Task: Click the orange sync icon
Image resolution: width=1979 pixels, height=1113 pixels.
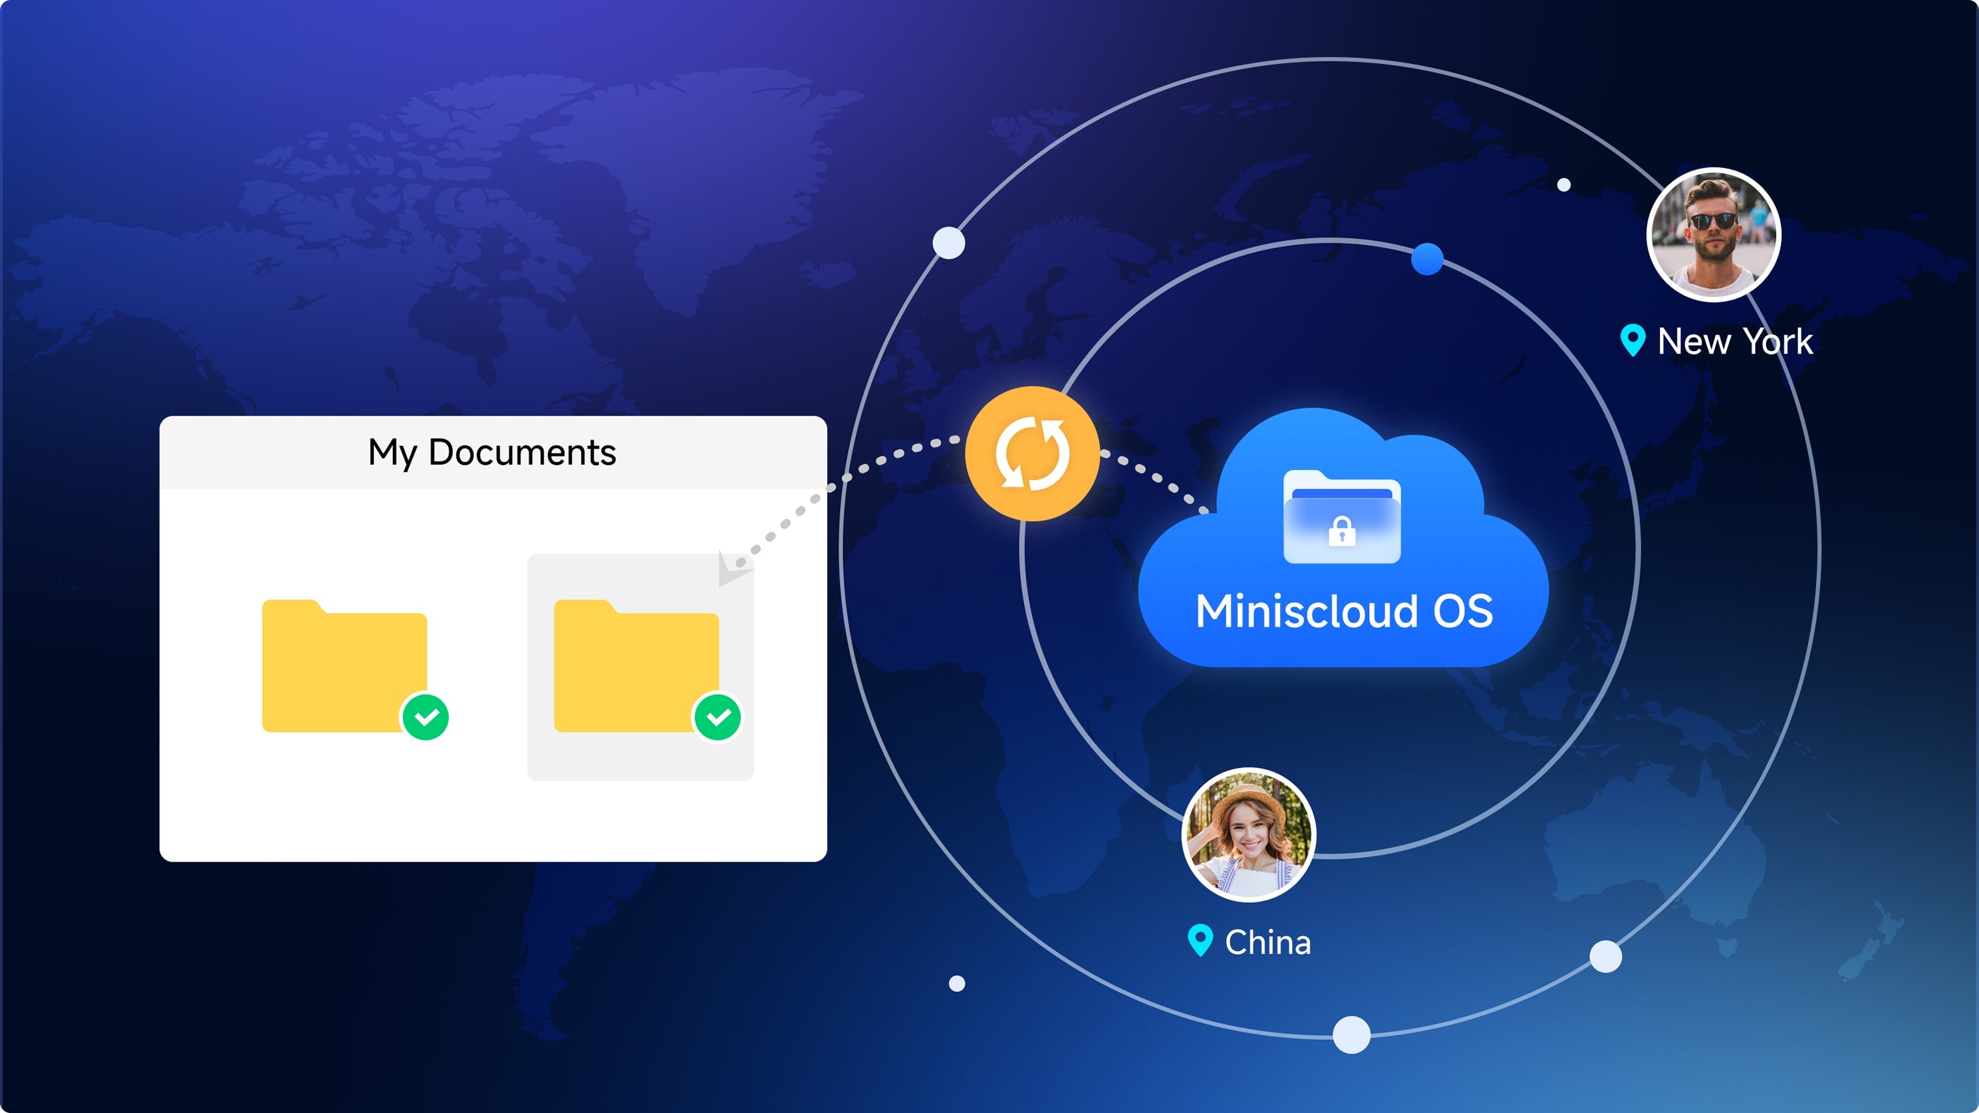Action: coord(1032,453)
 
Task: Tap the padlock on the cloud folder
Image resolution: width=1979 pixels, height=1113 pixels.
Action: coord(1342,531)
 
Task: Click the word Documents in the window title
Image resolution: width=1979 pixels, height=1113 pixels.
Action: coord(523,451)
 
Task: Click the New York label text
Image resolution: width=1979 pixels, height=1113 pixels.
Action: coord(1735,341)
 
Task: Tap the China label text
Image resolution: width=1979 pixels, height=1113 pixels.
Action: coord(1267,943)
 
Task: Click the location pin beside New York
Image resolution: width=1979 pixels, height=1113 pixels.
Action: coord(1633,340)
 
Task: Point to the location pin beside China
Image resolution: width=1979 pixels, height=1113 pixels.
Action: coord(1200,941)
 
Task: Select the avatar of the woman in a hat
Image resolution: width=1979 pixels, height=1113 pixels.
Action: coord(1248,835)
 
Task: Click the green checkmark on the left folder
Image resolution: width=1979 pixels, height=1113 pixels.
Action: coord(426,717)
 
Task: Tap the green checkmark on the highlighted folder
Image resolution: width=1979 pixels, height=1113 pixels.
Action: coord(718,717)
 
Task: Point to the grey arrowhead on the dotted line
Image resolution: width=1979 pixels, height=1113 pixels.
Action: coord(731,568)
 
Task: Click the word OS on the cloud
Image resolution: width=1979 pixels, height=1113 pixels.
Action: coord(1463,612)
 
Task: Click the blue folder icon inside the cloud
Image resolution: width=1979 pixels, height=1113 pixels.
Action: coord(1342,516)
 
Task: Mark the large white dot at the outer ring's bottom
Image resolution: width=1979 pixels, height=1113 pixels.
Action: coord(1352,1035)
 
